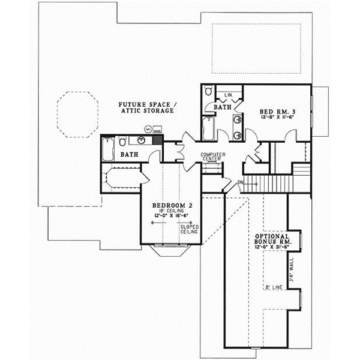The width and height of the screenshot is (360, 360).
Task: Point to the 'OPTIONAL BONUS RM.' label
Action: point(274,241)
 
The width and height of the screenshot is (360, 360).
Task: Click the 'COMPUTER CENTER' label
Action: point(212,157)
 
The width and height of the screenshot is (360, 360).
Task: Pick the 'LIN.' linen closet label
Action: point(228,95)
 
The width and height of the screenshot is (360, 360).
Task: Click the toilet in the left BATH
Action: point(122,142)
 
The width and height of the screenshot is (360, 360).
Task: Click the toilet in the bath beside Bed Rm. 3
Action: point(208,91)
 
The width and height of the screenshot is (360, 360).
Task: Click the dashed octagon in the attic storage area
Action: point(77,114)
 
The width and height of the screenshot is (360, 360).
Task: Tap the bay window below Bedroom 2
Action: point(170,249)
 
